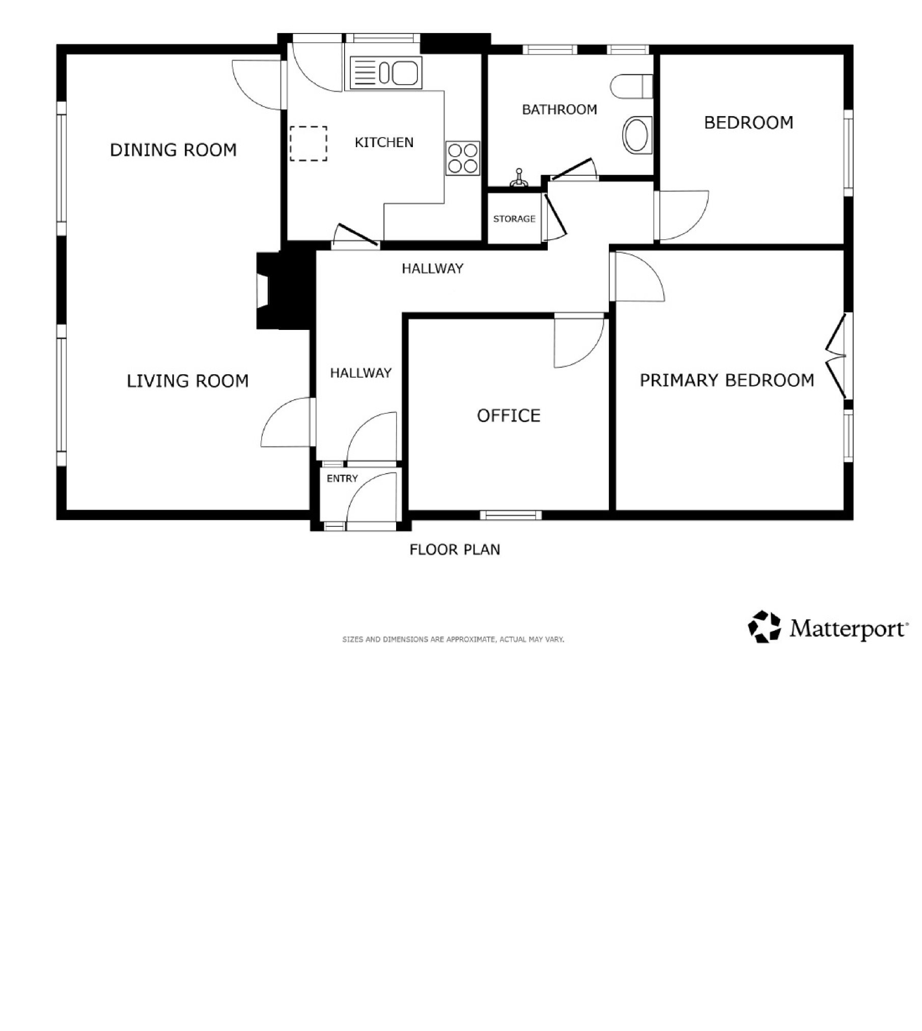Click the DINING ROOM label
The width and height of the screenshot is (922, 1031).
tap(173, 150)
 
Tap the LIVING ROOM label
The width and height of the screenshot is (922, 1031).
tap(187, 381)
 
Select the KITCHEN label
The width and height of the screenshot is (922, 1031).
tap(384, 143)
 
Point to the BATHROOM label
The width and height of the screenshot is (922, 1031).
tap(560, 109)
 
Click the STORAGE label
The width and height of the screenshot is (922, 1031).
tap(514, 219)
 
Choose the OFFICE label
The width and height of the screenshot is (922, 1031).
tap(509, 416)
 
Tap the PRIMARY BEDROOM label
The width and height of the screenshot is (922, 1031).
tap(727, 380)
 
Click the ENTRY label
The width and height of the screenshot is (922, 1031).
tap(342, 479)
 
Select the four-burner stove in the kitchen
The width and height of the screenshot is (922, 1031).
tap(463, 158)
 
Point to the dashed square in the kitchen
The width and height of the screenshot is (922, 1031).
tap(309, 144)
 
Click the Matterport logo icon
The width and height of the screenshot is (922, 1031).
tap(764, 627)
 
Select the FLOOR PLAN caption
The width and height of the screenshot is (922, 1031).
tap(455, 549)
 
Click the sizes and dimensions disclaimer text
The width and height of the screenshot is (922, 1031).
tap(453, 639)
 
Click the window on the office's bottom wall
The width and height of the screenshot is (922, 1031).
tap(511, 515)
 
